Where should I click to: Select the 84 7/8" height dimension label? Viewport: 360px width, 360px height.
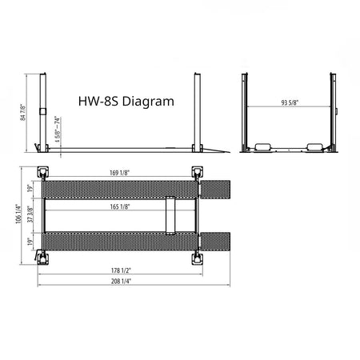(25, 113)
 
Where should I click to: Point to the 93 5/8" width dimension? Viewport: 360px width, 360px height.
(287, 103)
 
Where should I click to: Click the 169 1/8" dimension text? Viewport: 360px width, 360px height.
(121, 172)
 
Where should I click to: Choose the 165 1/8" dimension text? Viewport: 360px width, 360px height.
(120, 206)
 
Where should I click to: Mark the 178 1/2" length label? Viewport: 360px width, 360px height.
(121, 270)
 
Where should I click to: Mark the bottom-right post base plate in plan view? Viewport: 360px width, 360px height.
(196, 258)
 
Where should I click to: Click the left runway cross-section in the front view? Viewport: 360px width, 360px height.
(264, 148)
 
